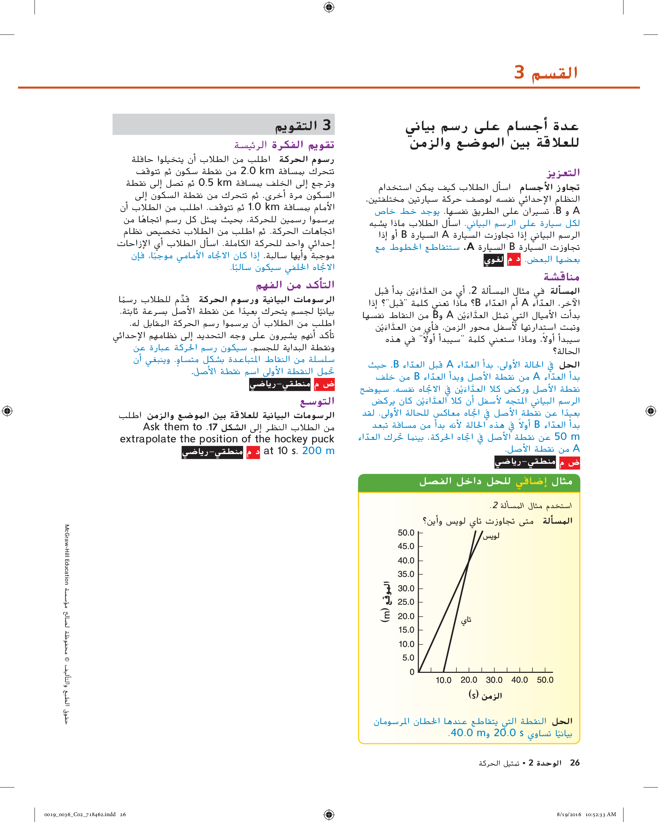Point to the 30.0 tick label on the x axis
(x=494, y=680)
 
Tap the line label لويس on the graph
(x=491, y=536)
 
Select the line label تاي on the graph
(x=466, y=620)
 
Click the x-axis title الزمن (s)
(x=485, y=695)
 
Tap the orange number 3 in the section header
(x=519, y=72)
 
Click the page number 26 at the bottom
(x=575, y=763)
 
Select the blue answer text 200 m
(x=318, y=451)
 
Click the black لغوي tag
(x=493, y=260)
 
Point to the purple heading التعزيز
(x=563, y=173)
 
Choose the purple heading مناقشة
(x=561, y=277)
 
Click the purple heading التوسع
(x=317, y=401)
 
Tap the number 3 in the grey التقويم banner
(x=327, y=125)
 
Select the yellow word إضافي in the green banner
(x=532, y=481)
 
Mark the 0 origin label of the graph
(x=412, y=672)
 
